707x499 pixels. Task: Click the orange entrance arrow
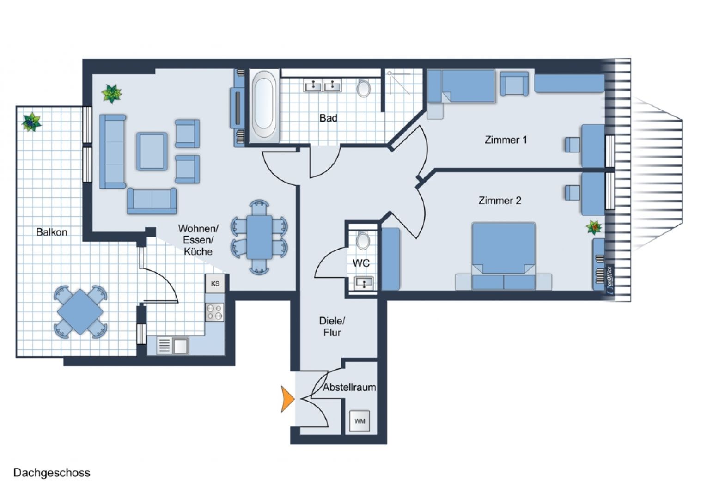coord(287,399)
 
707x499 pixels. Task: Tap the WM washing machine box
coord(360,421)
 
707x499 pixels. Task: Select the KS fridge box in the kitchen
coord(215,283)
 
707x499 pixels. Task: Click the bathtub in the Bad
coord(264,104)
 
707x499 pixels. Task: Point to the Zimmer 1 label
coord(506,140)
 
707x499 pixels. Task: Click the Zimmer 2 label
coord(500,201)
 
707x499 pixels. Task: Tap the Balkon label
coord(52,232)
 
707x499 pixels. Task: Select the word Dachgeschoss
coord(52,473)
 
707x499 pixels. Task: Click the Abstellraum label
coord(349,388)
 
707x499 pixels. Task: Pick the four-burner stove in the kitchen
coord(214,312)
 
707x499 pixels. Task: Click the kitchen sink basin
coord(181,346)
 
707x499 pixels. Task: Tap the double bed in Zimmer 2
coord(504,256)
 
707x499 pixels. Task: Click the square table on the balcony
coord(80,312)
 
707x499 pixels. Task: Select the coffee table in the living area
coord(152,151)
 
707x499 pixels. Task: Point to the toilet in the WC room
coord(363,241)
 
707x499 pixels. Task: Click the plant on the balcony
coord(31,122)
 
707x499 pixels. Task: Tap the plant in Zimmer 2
coord(594,227)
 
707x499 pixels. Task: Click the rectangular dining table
coord(259,237)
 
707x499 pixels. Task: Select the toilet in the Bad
coord(364,88)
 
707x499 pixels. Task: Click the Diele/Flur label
coord(332,327)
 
